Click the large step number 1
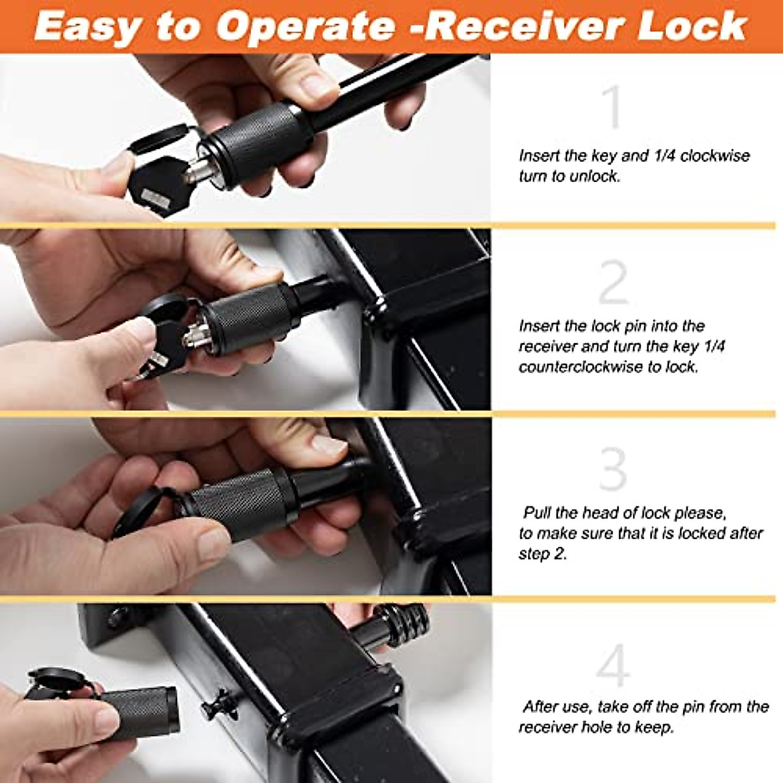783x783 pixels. (x=613, y=107)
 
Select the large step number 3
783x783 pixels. (x=613, y=469)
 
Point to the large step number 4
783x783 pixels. (x=613, y=666)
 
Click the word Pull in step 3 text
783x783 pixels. (x=542, y=513)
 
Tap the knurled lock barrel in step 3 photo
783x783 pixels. (x=241, y=502)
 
